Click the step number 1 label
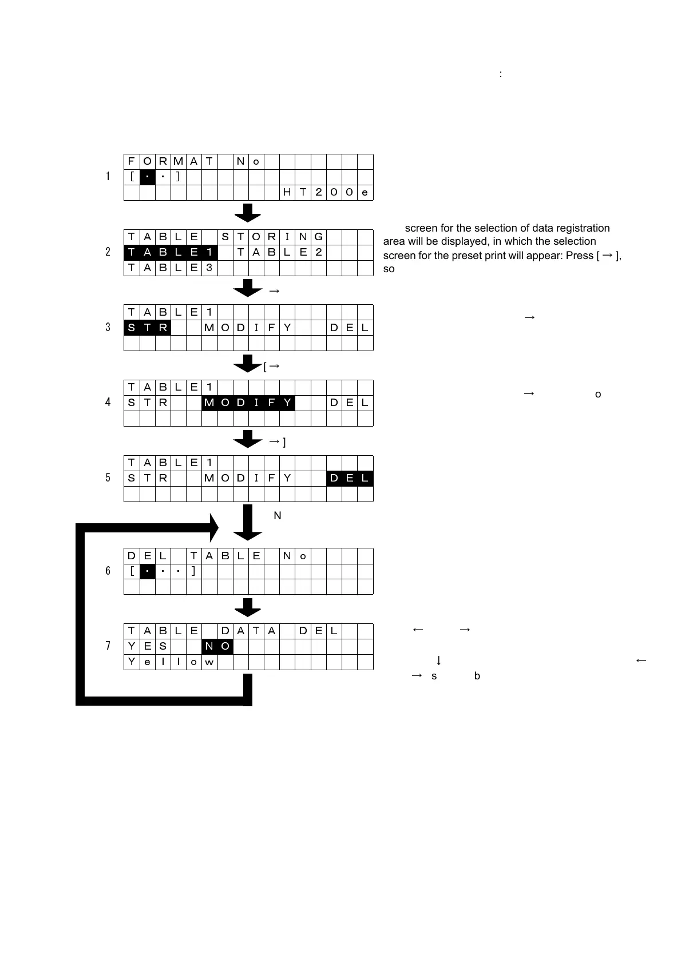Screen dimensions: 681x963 tap(108, 177)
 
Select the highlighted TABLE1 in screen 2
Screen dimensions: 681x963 tap(171, 252)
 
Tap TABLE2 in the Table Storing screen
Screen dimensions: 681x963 tap(280, 252)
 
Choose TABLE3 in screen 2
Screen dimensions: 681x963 tap(171, 268)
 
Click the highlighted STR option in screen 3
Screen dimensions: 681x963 tap(147, 328)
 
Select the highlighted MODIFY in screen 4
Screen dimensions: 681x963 tap(248, 403)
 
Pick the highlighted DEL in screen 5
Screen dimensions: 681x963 tap(350, 478)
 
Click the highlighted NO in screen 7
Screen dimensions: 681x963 tap(217, 646)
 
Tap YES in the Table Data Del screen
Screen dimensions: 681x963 tap(147, 646)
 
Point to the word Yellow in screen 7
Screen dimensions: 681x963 tap(171, 662)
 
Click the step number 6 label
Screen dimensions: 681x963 tap(108, 571)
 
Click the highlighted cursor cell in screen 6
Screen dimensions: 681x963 tap(148, 571)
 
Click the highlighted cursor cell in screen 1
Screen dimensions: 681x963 tap(148, 177)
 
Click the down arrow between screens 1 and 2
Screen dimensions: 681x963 tap(248, 213)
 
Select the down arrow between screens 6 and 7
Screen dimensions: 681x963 tap(248, 608)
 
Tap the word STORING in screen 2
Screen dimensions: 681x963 tap(272, 237)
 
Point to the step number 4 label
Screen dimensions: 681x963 tap(108, 402)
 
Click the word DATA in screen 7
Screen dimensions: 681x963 tap(248, 631)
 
